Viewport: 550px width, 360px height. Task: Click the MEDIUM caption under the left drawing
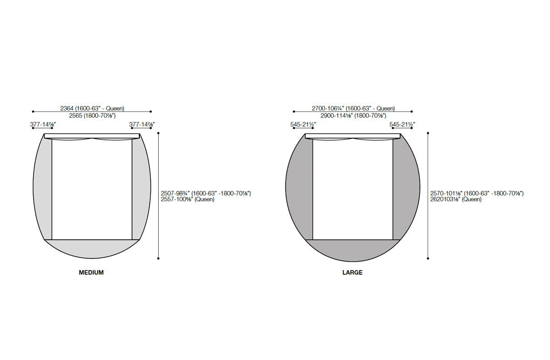91,272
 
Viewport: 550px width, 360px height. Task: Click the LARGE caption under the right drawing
352,272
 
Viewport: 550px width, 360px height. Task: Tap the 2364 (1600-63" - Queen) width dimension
92,108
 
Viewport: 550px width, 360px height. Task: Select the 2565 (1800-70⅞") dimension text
92,116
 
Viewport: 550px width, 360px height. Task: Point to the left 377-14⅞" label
43,124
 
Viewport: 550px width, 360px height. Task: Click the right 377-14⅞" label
142,124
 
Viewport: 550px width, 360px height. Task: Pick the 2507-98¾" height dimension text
206,194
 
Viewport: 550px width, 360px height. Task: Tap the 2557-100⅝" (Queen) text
187,199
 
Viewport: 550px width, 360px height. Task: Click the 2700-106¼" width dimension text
353,108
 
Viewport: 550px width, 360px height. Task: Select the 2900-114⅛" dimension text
353,116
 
